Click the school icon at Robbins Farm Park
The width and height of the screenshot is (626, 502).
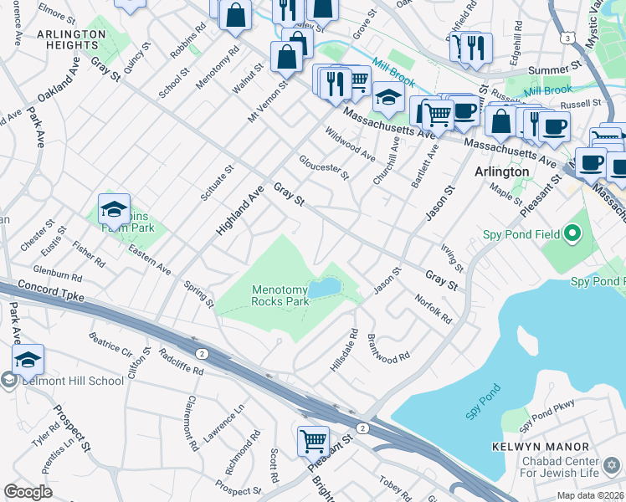114,209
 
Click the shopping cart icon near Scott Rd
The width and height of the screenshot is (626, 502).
313,440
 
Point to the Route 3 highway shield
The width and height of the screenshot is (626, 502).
568,38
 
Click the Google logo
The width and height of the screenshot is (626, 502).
28,491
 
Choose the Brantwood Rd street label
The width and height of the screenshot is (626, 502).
388,347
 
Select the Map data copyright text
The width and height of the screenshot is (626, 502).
590,495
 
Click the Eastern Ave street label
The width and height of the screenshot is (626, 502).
151,261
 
